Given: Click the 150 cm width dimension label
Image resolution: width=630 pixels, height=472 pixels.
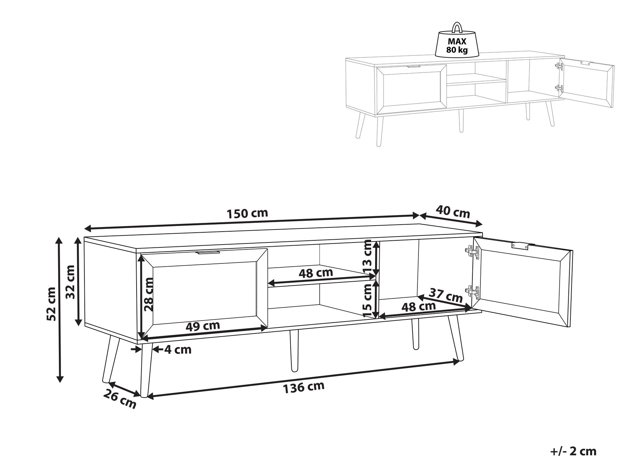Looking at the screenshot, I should (247, 213).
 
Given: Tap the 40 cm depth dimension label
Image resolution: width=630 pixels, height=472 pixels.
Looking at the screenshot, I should (453, 212).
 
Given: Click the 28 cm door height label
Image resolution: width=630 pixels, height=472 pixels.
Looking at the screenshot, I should (149, 294).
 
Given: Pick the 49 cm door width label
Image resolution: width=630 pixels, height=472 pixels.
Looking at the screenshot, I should (202, 326).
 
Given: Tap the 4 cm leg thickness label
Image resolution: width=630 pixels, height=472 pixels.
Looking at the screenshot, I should (178, 349).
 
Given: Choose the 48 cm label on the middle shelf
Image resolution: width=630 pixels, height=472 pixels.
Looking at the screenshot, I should (316, 273).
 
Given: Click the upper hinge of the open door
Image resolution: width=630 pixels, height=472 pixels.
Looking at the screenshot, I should (472, 252).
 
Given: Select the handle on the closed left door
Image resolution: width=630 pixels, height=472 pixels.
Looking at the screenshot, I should (208, 252).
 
